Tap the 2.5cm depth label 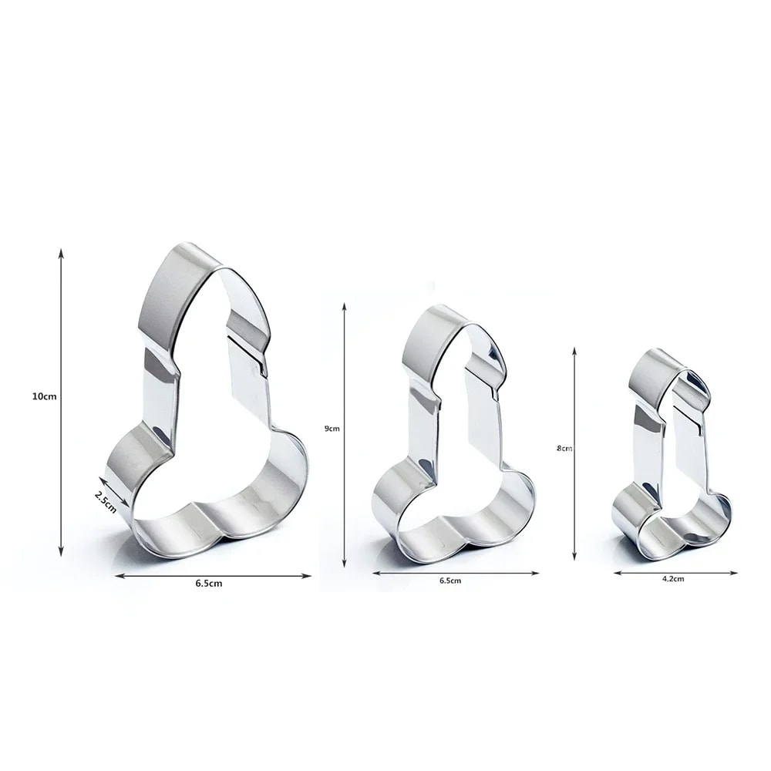[x=106, y=497]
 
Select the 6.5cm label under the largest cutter [x=209, y=584]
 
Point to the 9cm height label [x=332, y=428]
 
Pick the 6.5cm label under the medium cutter [x=450, y=580]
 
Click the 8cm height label [x=564, y=447]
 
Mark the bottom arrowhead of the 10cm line [x=60, y=553]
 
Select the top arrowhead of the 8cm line [x=575, y=350]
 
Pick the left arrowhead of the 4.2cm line [x=618, y=572]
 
